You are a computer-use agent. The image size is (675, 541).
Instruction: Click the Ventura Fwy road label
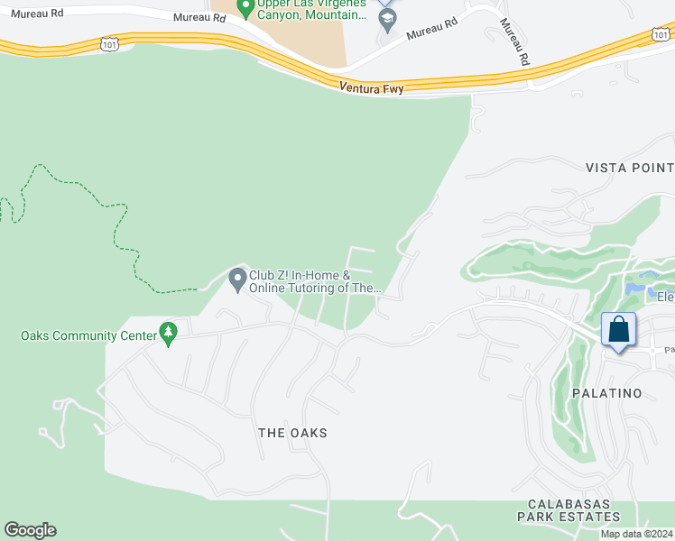pyautogui.click(x=372, y=87)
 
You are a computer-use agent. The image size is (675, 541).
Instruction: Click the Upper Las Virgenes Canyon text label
pyautogui.click(x=311, y=9)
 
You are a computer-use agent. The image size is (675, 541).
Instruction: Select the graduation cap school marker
pyautogui.click(x=387, y=17)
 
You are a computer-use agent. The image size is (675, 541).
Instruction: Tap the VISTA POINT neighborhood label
pyautogui.click(x=629, y=168)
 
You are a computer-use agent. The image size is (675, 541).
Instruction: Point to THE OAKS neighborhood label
pyautogui.click(x=292, y=433)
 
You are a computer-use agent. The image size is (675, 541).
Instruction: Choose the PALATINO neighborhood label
pyautogui.click(x=606, y=393)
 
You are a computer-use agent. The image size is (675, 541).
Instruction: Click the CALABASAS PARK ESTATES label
pyautogui.click(x=569, y=510)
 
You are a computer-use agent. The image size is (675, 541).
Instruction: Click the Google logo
pyautogui.click(x=30, y=530)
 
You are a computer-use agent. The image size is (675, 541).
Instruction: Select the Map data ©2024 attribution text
pyautogui.click(x=636, y=534)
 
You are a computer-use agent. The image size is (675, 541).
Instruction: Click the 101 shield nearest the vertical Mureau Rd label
pyautogui.click(x=660, y=33)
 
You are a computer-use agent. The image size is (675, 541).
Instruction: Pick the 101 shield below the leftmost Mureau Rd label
pyautogui.click(x=109, y=42)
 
